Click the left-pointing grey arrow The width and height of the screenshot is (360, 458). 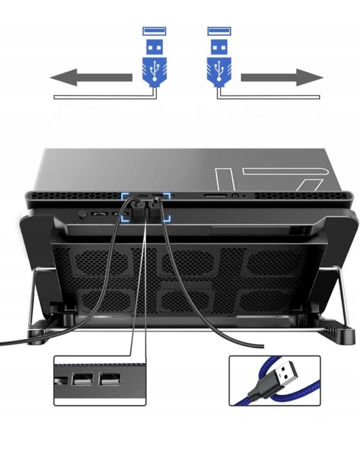[x=92, y=79]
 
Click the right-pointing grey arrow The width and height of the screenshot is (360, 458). [x=282, y=79]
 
